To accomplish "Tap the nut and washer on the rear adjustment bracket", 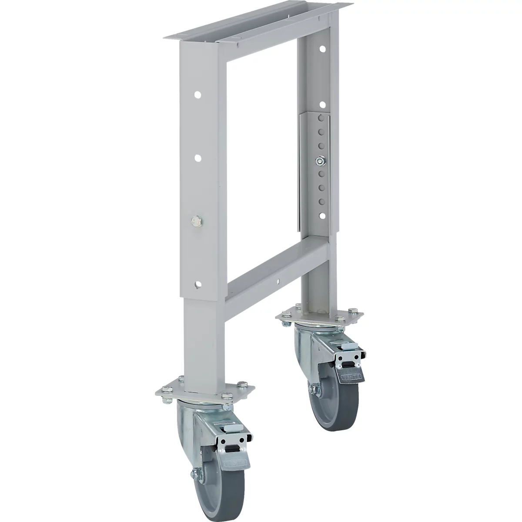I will point(320,161).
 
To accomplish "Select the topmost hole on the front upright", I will point(197,94).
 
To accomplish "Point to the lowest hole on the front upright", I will point(198,284).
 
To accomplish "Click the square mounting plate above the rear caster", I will point(322,315).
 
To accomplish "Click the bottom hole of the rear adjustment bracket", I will point(321,214).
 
